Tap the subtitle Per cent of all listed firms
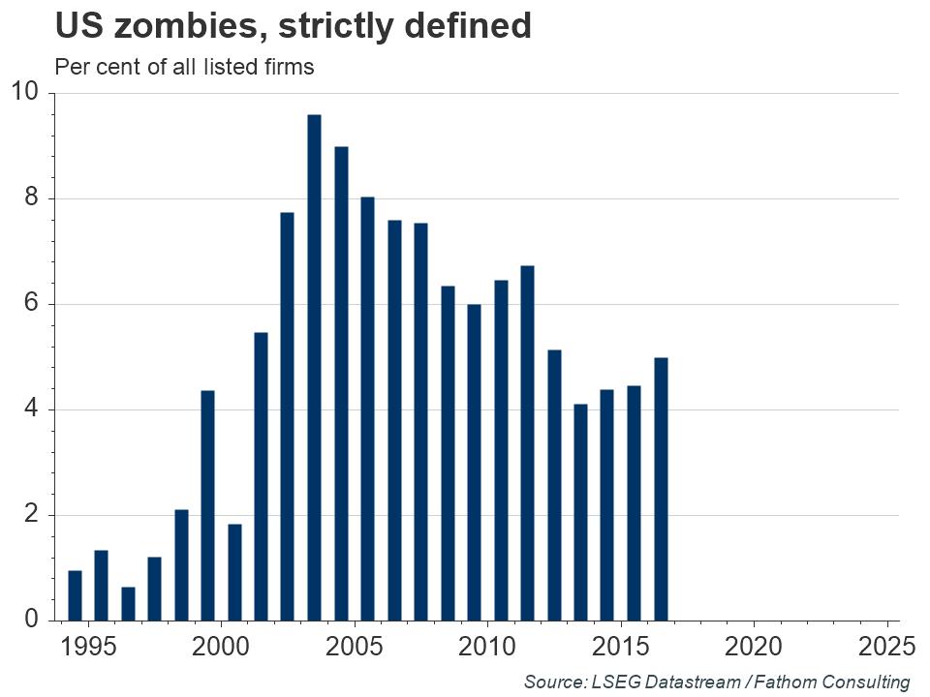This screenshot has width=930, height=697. coord(184,68)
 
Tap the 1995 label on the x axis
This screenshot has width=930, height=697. coord(88,646)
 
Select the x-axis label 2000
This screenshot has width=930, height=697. coord(221,646)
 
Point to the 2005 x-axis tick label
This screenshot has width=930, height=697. coord(354,646)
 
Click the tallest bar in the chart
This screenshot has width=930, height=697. coord(314,368)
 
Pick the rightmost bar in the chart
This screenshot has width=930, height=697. coord(661,489)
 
